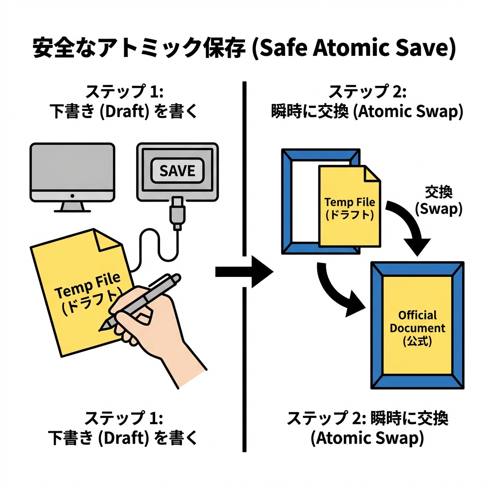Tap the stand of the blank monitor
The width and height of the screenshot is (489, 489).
[x=72, y=206]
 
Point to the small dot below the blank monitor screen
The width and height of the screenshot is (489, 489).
[x=72, y=195]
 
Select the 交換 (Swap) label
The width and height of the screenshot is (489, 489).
[x=438, y=201]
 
